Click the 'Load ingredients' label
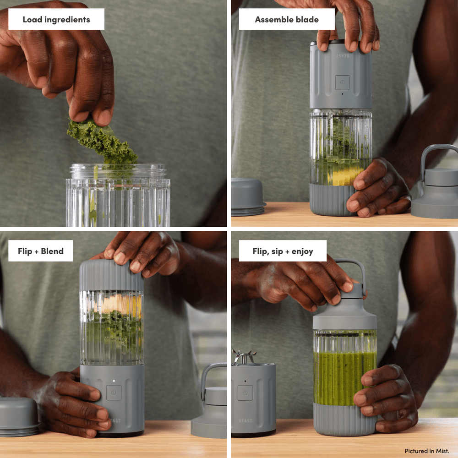point(56,19)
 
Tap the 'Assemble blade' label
point(287,19)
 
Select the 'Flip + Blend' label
point(41,251)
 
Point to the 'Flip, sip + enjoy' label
point(283,251)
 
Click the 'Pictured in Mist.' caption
point(426,451)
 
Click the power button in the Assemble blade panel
point(342,82)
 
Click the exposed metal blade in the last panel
point(244,357)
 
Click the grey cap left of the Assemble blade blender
point(248,197)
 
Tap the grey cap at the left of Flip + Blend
point(18,416)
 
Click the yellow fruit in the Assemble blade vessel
point(345,176)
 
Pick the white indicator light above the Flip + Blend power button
point(114,381)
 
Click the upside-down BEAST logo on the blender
point(342,55)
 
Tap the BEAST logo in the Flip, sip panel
point(245,420)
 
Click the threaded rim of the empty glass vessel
point(118,171)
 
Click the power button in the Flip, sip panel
point(245,393)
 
